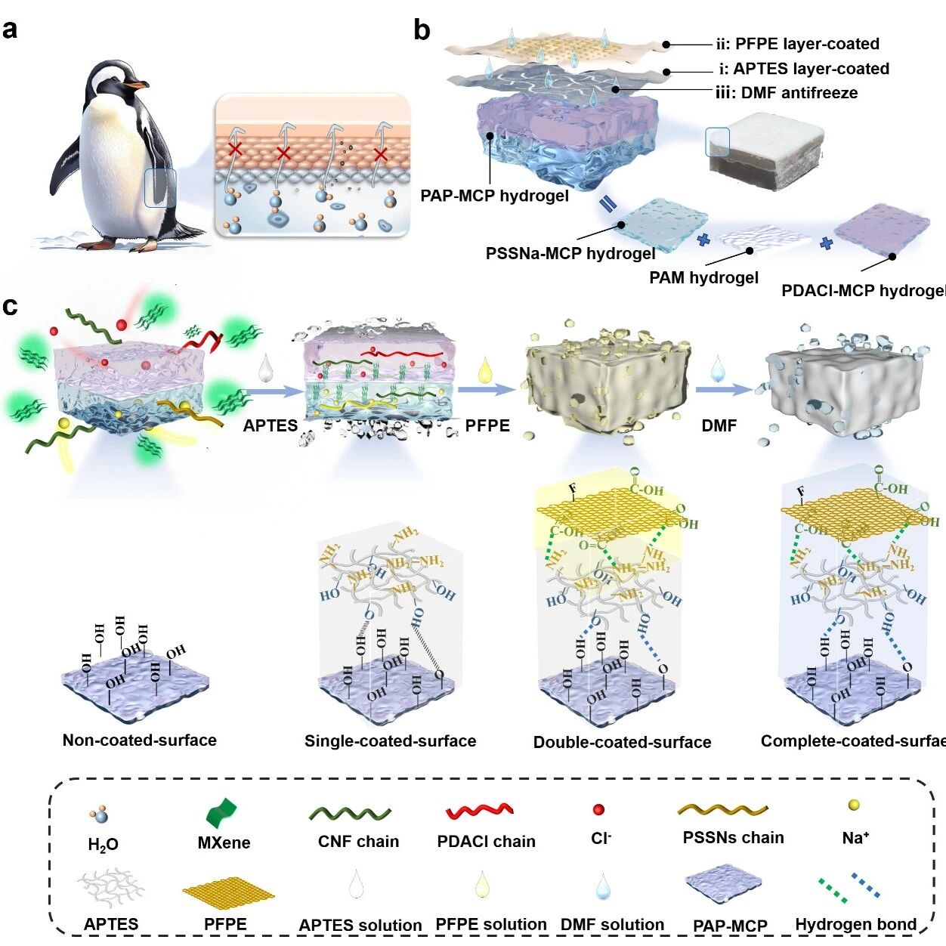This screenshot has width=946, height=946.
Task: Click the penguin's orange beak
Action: point(138,86)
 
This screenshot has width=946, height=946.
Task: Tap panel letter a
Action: point(11,29)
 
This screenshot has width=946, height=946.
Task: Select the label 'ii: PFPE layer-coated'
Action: point(797,44)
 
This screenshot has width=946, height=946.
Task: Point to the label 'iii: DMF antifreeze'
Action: point(787,93)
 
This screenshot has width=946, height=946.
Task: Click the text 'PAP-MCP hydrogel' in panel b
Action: point(494,196)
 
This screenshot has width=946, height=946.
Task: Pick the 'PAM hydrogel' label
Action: point(703,278)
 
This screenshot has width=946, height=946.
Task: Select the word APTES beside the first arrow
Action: point(271,425)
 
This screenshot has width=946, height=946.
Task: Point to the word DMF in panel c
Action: point(719,425)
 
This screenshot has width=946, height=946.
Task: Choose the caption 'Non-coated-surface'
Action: point(140,740)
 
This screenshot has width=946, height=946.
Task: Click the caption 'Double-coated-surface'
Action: point(622,742)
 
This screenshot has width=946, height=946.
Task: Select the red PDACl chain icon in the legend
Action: point(480,812)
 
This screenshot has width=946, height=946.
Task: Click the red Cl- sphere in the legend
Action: point(599,810)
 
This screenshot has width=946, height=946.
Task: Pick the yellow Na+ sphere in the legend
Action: point(854,805)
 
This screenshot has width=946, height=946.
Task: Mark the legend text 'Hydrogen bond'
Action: point(855,924)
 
